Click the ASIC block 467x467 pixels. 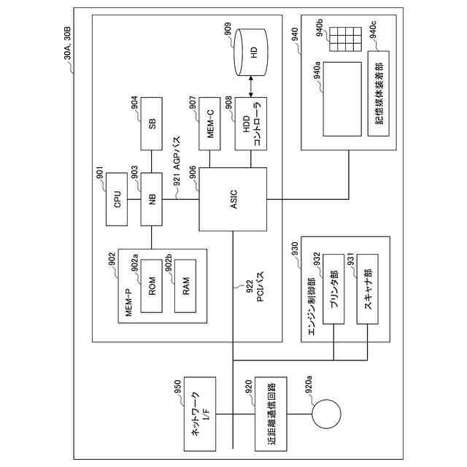click(232, 196)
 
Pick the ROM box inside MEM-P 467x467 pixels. click(152, 285)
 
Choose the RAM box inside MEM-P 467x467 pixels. click(186, 285)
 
